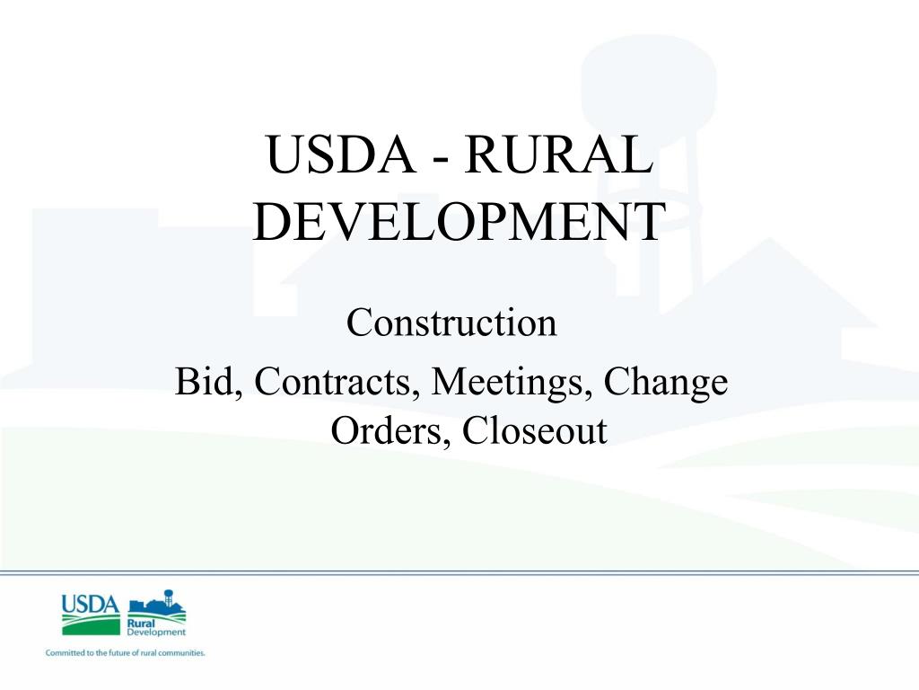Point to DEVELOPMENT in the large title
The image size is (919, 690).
(459, 223)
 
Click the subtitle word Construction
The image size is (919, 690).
(451, 323)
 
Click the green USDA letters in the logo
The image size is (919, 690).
(90, 605)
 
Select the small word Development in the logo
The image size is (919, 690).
(156, 632)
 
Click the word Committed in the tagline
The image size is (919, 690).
(65, 653)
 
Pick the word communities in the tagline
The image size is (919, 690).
(183, 653)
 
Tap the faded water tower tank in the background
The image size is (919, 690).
(649, 85)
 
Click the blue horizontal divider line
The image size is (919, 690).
(459, 571)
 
